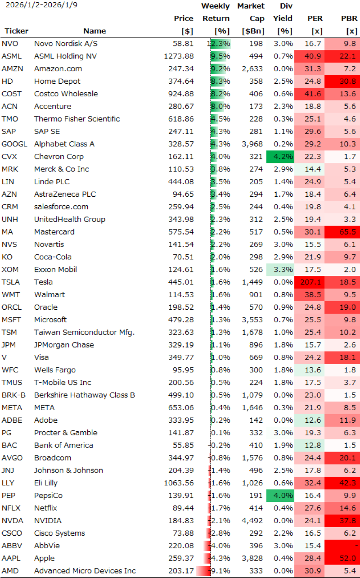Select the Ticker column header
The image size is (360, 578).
[x=16, y=31]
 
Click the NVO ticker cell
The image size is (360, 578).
[x=9, y=44]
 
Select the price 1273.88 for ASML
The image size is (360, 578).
[x=179, y=56]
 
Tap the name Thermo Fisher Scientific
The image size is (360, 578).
[x=77, y=119]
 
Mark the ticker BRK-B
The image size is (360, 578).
[x=13, y=395]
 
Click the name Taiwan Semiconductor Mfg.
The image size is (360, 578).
[x=85, y=332]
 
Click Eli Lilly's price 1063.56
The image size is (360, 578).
[x=179, y=483]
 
